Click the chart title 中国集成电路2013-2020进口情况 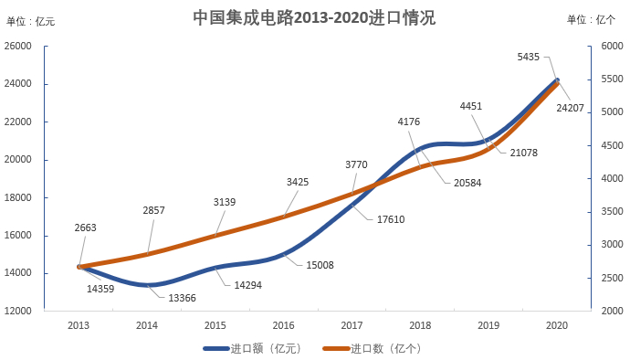(314, 17)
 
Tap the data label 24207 (570, 108)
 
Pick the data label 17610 (390, 219)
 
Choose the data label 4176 (409, 122)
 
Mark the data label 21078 (523, 152)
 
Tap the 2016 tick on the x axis (283, 325)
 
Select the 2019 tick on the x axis (488, 325)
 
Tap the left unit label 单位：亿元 (31, 21)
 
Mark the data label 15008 (320, 265)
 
